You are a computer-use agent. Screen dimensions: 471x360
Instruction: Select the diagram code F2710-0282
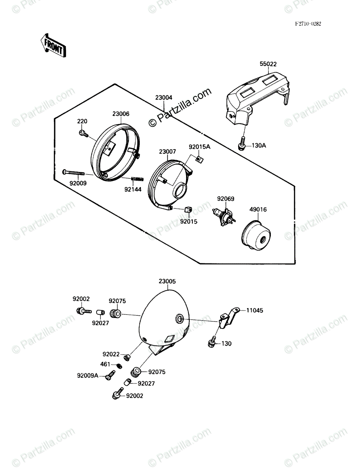click(308, 24)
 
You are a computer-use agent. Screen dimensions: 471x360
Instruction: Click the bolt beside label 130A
click(242, 144)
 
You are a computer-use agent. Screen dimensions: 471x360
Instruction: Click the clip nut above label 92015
click(187, 209)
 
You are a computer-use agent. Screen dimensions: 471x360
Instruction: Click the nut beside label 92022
click(126, 358)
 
